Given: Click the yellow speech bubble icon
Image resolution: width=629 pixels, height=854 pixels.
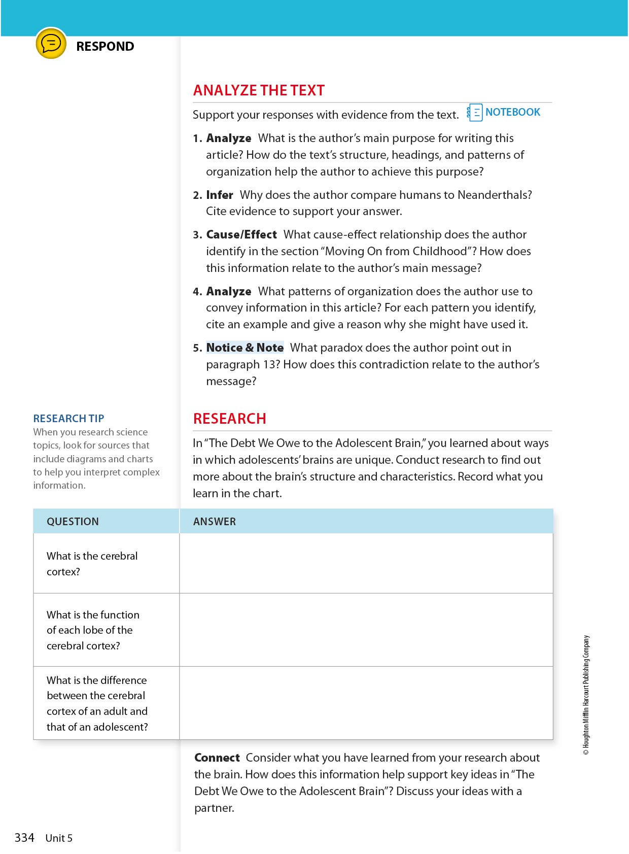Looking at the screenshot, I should click(51, 44).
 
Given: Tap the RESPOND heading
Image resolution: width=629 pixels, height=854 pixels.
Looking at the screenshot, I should click(105, 46).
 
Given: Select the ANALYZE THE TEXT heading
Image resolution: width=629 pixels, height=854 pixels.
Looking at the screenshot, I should click(259, 90).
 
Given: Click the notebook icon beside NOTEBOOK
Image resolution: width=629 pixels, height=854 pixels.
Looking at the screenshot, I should click(475, 113).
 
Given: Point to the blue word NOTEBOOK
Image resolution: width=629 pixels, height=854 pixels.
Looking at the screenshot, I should click(512, 112).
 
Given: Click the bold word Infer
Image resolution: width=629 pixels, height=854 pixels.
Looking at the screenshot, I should click(220, 195).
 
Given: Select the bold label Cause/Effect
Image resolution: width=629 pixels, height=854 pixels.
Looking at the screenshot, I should click(241, 234).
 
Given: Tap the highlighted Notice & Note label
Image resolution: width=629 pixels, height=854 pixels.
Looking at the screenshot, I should click(244, 348).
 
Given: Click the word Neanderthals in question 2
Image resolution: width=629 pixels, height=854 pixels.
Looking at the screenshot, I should click(494, 195).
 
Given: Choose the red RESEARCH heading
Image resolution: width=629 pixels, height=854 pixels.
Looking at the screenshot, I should click(230, 419).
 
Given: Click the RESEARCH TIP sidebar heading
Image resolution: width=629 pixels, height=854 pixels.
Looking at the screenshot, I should click(68, 419).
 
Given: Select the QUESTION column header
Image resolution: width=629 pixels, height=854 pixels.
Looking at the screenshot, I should click(73, 522).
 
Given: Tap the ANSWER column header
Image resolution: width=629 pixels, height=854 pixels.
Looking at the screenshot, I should click(215, 522).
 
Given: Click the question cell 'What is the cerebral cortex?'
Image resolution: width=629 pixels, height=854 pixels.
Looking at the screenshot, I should click(92, 564).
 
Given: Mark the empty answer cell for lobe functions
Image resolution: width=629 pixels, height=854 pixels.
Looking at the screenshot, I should click(366, 630).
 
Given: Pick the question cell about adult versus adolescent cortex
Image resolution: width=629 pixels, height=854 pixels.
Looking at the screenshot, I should click(97, 703).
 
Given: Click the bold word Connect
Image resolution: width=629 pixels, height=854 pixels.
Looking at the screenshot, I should click(217, 758).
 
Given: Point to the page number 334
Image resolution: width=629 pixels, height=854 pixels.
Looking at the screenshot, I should click(24, 838).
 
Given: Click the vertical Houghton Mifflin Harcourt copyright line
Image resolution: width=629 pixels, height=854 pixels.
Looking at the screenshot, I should click(586, 695).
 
